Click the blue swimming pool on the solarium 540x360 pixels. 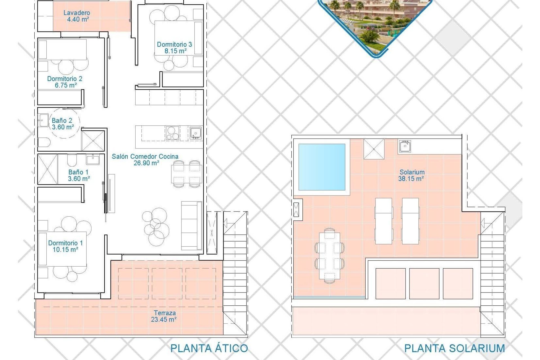tap(322, 167)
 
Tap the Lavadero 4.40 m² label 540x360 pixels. tap(77, 16)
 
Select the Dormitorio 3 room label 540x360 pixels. tap(174, 48)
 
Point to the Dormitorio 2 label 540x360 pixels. tap(65, 82)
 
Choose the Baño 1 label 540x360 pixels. tap(78, 175)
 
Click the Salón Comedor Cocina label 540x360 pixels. tap(145, 159)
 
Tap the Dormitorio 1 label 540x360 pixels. tap(65, 246)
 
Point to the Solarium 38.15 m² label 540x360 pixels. tap(411, 175)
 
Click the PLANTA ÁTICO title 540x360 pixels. tap(209, 348)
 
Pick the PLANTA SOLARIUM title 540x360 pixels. tap(454, 348)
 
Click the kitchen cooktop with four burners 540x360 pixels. tap(172, 133)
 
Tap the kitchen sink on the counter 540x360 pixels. tap(195, 133)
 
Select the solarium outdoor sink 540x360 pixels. tap(405, 146)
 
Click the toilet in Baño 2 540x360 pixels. tap(44, 143)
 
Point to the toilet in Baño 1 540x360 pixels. tap(72, 160)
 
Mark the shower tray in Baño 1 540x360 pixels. tap(48, 169)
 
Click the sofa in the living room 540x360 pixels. tap(192, 226)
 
